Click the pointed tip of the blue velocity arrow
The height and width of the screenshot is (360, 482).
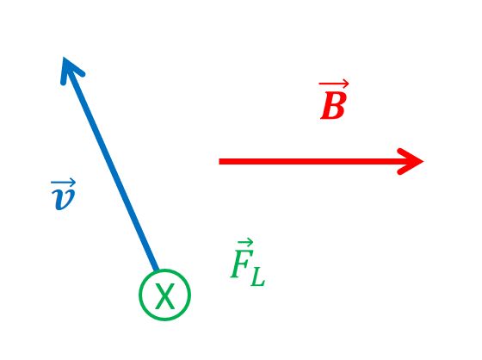click(x=64, y=58)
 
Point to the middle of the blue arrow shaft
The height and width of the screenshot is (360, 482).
click(x=111, y=164)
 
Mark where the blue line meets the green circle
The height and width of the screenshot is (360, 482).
click(x=157, y=270)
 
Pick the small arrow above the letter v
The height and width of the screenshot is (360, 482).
click(x=63, y=183)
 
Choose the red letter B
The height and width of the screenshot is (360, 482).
click(x=334, y=105)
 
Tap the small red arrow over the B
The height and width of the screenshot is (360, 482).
click(x=334, y=84)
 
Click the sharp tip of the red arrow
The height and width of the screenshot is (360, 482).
click(x=423, y=161)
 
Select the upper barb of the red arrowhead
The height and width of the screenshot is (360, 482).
click(x=411, y=155)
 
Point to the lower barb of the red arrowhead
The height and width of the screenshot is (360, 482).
click(x=411, y=168)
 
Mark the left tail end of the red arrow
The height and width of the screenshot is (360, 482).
click(x=219, y=161)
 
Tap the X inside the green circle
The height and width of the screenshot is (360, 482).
click(x=164, y=295)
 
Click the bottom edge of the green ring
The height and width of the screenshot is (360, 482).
click(x=164, y=319)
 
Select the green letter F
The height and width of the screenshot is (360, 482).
click(x=241, y=263)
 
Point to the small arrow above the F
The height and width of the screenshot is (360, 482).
click(x=245, y=243)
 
